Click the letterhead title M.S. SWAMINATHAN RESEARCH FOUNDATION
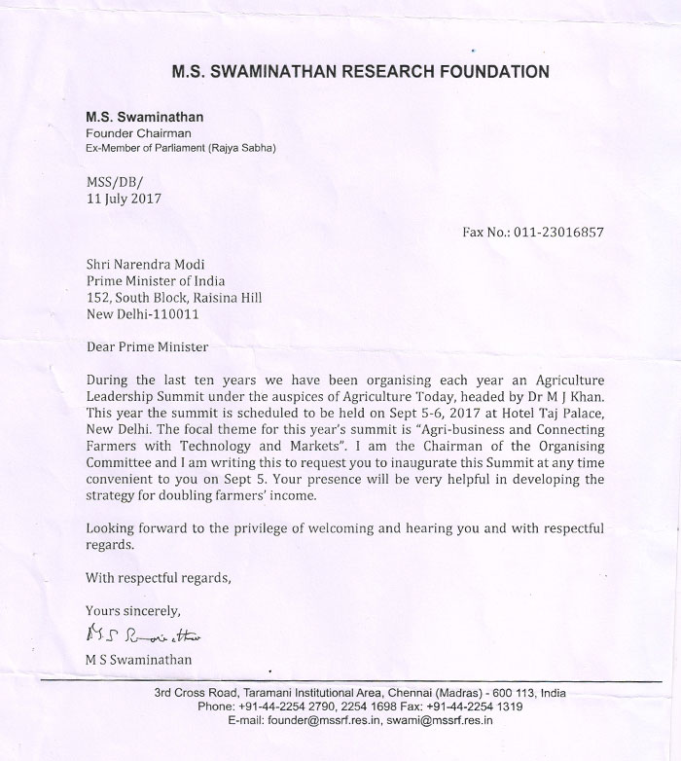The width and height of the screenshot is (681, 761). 360,71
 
